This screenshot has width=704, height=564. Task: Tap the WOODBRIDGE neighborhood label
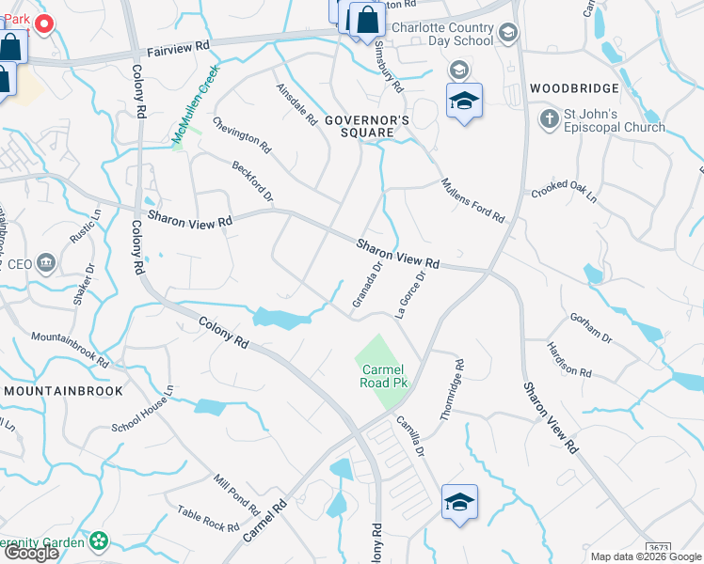coord(574,88)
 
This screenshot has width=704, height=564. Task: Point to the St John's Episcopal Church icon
coord(550,119)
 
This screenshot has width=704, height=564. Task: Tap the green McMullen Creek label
coord(195,104)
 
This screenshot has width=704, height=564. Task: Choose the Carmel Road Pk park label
coord(383,377)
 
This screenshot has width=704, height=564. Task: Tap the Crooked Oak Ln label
coord(564,191)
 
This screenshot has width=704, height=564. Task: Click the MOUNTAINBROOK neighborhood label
coord(63,390)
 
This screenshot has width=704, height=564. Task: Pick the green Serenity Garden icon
coord(99,541)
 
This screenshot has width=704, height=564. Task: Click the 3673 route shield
coord(659,547)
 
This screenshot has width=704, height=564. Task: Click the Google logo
coord(31,553)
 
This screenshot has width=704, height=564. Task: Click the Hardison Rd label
coord(569,359)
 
